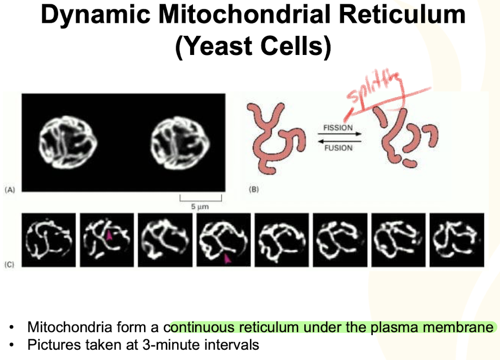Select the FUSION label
coord(338,147)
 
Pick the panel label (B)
coord(254,190)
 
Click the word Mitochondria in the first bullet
coord(65,327)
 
